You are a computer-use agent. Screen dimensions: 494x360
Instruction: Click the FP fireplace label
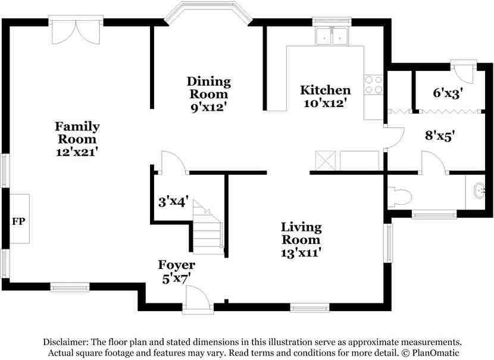tap(18, 221)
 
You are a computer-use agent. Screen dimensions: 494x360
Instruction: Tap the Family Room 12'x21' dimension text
tap(77, 152)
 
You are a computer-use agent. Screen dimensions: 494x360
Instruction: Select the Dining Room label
tap(208, 88)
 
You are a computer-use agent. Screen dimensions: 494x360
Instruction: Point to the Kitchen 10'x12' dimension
tap(325, 103)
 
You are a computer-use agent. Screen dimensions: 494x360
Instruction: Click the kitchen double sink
tap(332, 36)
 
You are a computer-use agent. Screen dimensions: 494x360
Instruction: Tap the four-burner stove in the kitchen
tap(374, 84)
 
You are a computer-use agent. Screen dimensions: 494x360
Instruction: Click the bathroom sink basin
tap(480, 190)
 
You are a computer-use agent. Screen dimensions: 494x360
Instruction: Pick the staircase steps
tap(208, 227)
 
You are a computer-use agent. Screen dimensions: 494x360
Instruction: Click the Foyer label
tap(176, 265)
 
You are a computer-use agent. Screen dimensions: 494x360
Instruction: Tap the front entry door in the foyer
tap(197, 299)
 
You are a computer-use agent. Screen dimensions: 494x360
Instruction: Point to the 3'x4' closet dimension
tap(174, 202)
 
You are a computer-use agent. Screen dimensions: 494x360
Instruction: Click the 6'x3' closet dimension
tap(448, 93)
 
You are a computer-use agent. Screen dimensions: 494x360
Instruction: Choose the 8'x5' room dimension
tap(440, 136)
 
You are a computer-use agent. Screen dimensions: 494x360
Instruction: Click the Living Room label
tap(301, 233)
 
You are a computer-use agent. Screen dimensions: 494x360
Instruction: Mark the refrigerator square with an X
tap(326, 161)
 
